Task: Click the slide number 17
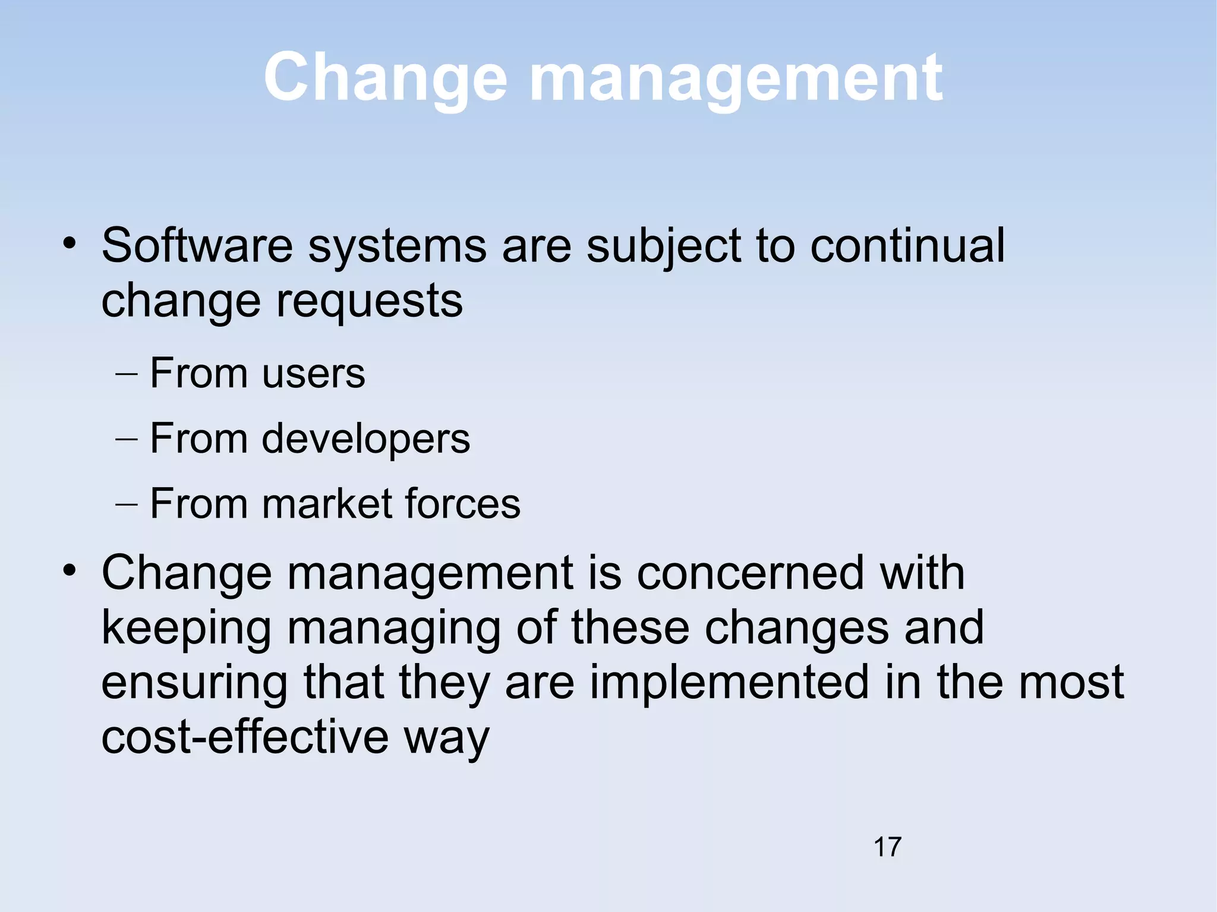click(x=887, y=847)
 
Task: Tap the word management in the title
click(x=734, y=78)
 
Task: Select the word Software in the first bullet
click(x=197, y=245)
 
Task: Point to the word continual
click(x=907, y=245)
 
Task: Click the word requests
click(x=370, y=301)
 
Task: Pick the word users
click(x=313, y=374)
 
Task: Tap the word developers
click(x=365, y=440)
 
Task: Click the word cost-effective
click(x=245, y=737)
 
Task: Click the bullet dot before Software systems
click(x=70, y=243)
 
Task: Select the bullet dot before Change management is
click(x=70, y=571)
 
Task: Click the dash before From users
click(x=127, y=375)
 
